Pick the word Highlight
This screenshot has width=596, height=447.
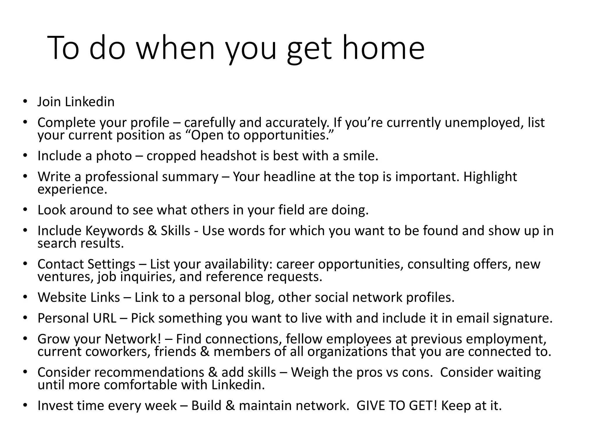pos(490,177)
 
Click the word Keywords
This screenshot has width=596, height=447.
pos(114,231)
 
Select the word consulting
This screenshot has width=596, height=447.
pos(438,264)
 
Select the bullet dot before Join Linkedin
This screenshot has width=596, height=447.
pos(25,102)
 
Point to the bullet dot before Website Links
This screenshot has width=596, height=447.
pos(25,297)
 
